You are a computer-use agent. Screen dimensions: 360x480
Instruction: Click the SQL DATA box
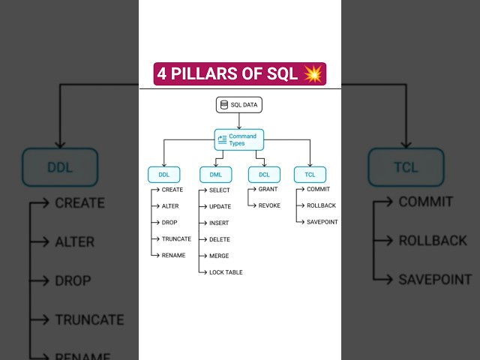239,105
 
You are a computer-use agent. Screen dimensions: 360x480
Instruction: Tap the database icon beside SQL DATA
224,105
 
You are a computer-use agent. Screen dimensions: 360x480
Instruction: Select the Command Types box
239,139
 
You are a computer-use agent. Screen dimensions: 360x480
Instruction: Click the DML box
215,175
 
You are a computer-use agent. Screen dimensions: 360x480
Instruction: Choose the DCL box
264,175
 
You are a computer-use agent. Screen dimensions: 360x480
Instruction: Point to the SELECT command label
220,190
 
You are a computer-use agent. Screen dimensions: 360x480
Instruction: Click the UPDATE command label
220,206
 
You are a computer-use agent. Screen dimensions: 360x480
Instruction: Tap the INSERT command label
219,223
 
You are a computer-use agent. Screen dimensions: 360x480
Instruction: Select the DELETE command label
220,239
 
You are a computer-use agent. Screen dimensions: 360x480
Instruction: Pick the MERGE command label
219,256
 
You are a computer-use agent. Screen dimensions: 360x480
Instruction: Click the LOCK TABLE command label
226,272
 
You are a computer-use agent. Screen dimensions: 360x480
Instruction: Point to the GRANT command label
268,189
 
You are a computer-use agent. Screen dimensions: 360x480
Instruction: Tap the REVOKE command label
269,205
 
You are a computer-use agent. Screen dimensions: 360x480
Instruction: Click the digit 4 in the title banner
162,74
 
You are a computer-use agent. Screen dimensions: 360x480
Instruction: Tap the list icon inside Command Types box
222,139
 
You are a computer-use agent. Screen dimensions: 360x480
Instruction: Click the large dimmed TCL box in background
404,166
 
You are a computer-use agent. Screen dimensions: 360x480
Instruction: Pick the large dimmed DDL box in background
60,166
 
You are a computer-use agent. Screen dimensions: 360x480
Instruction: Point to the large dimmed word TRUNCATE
89,319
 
